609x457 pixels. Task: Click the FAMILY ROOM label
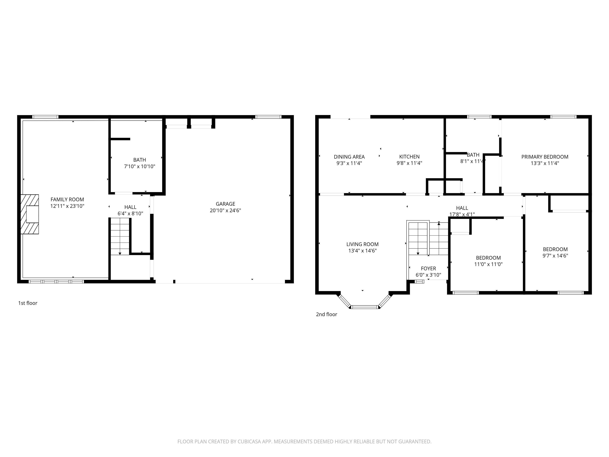click(x=67, y=199)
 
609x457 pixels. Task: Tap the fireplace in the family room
click(x=30, y=214)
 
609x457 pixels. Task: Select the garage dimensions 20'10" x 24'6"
click(x=225, y=210)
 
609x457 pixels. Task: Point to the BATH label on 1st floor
click(x=140, y=160)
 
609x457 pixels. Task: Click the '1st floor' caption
click(x=28, y=303)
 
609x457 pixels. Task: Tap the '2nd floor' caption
click(x=327, y=314)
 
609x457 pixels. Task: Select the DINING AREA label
click(x=349, y=157)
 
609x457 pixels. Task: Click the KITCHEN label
click(x=409, y=157)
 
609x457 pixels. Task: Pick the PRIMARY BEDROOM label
click(x=545, y=157)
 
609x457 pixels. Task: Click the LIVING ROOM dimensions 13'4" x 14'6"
click(x=362, y=251)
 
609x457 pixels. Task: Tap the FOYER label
click(x=428, y=268)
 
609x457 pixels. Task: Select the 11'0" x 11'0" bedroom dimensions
click(x=488, y=264)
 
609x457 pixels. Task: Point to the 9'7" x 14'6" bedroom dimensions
click(x=555, y=256)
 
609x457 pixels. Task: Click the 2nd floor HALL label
click(x=462, y=208)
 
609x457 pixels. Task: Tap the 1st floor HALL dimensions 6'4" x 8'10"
click(x=130, y=213)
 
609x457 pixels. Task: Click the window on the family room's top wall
click(x=45, y=117)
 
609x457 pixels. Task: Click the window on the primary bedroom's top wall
click(x=563, y=117)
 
